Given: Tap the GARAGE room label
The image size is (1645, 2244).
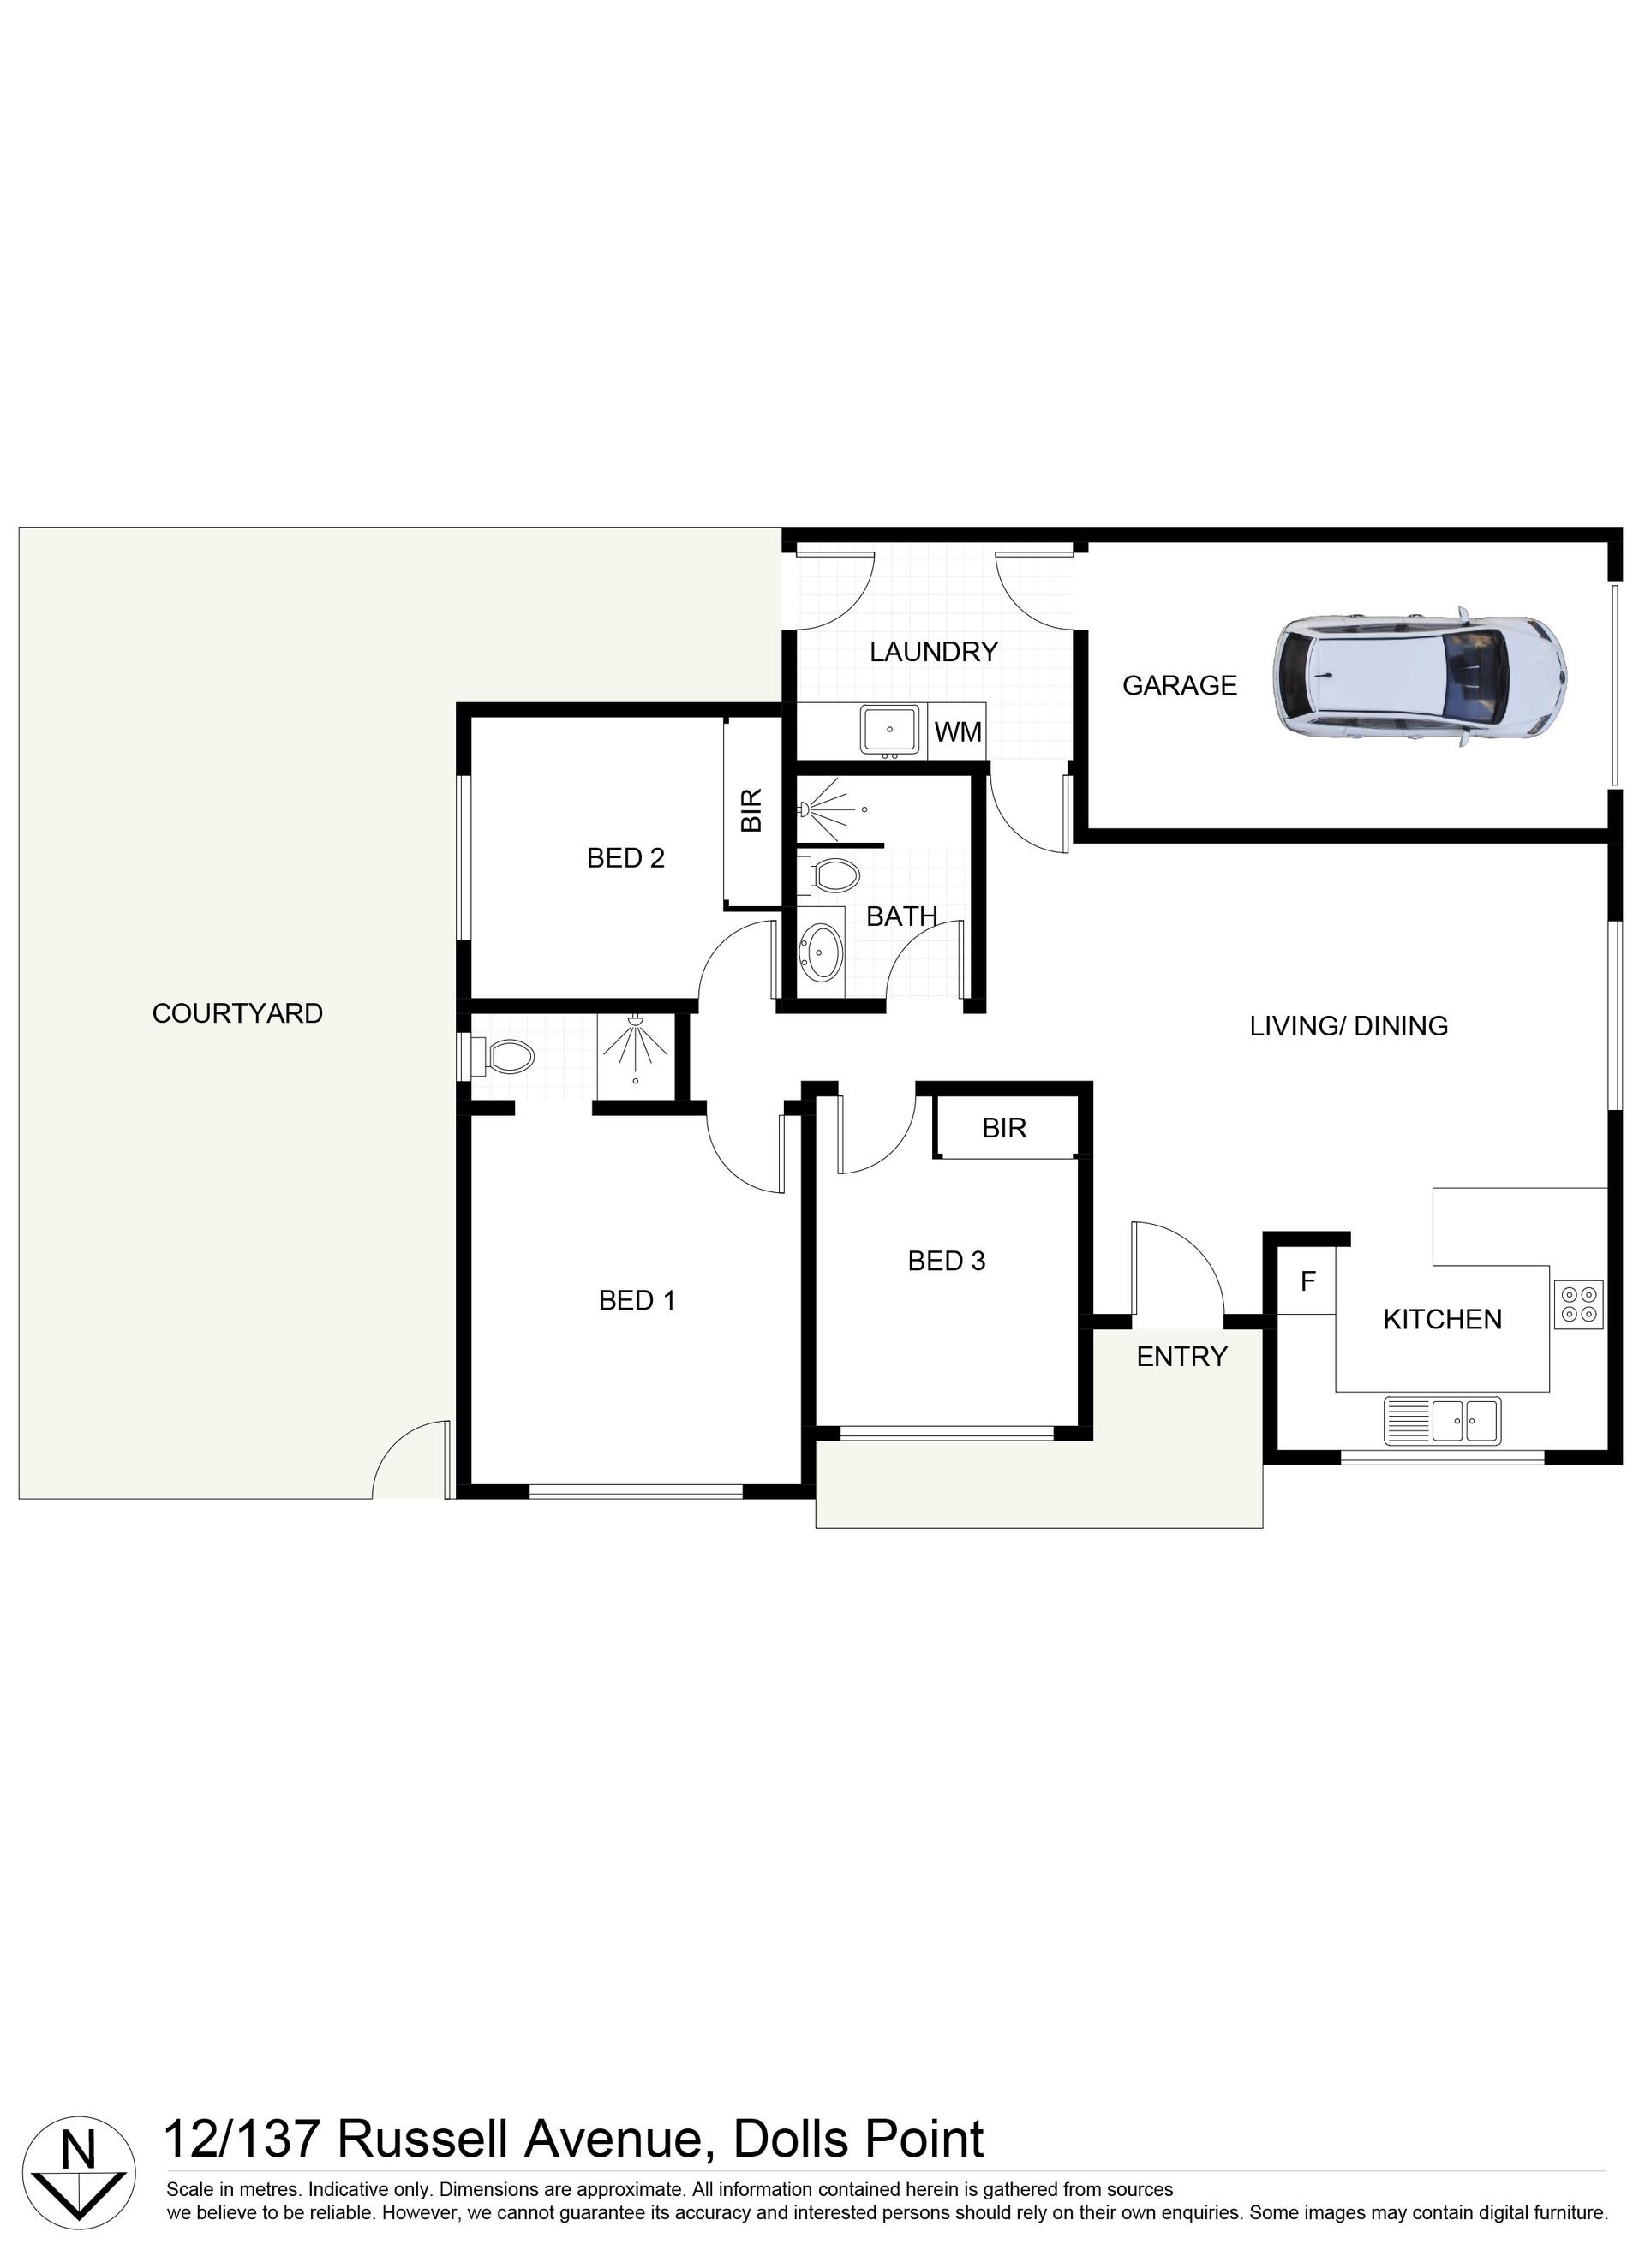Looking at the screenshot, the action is [1179, 686].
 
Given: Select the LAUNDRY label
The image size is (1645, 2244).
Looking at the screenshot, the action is [933, 652].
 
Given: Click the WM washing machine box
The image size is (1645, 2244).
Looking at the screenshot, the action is [957, 731].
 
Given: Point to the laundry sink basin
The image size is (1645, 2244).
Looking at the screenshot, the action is [889, 731].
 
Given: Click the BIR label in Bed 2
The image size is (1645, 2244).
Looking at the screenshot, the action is [751, 810].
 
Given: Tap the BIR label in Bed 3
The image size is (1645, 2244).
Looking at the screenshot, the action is [1004, 1128].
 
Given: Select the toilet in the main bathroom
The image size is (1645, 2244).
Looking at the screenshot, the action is [828, 877].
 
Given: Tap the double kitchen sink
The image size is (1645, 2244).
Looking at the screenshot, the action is [1442, 1421].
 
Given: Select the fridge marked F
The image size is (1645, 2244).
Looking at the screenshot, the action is [1307, 1281].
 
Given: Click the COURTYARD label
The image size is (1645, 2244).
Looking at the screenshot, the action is [237, 1013].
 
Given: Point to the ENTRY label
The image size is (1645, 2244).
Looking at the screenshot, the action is [1182, 1356].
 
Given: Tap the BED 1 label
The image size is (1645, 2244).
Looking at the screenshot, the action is [637, 1300].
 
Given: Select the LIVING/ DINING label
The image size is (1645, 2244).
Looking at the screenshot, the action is [1349, 1025].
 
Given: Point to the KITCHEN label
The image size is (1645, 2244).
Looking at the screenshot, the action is [1442, 1319].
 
